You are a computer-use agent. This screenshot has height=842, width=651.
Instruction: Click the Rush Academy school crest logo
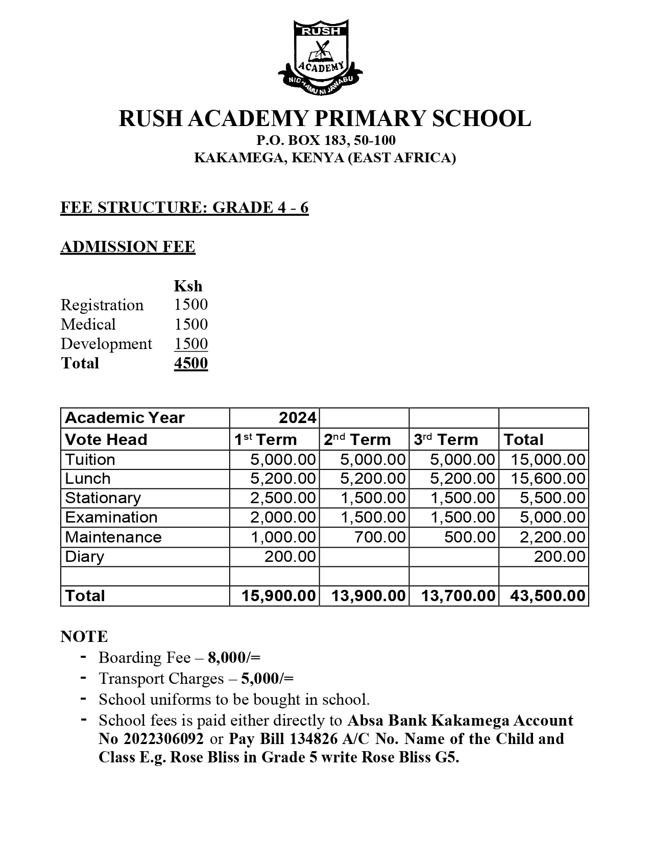(320, 57)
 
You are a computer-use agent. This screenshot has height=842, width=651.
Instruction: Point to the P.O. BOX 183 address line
(326, 140)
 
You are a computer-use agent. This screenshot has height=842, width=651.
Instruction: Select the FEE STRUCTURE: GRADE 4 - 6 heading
(184, 208)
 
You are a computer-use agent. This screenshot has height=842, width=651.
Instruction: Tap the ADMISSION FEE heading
(128, 247)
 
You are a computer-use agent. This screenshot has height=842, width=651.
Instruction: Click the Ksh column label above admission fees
(188, 286)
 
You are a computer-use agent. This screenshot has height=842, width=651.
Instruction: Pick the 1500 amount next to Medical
(191, 325)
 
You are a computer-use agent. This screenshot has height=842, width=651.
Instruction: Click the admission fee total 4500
(191, 363)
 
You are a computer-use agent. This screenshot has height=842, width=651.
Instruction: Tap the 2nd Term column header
(357, 439)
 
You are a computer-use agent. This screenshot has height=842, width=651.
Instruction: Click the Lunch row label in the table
(88, 479)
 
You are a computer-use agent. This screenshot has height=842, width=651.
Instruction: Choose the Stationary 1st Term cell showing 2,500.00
(283, 498)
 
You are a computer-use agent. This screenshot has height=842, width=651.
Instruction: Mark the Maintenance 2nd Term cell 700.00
(380, 537)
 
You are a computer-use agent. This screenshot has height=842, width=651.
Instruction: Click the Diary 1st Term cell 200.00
(290, 557)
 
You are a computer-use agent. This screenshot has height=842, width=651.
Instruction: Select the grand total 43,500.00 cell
(547, 596)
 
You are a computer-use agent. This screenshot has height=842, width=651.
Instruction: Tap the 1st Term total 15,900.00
(279, 596)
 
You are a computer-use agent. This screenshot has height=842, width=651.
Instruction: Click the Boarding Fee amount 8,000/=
(234, 658)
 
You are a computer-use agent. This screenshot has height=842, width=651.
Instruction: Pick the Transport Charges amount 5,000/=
(267, 679)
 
